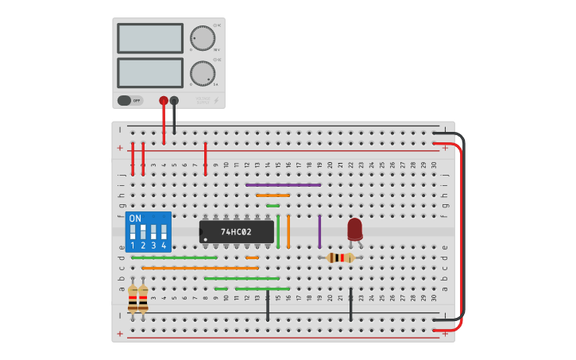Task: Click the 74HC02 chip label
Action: [x=236, y=232]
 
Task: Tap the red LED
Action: [x=354, y=229]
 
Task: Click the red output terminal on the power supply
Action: [x=164, y=100]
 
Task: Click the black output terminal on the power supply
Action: [x=174, y=100]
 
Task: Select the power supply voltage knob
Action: [x=203, y=38]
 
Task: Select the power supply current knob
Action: [x=203, y=73]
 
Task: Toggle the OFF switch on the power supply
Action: [x=125, y=101]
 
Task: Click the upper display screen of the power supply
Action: [x=150, y=38]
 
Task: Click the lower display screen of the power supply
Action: [x=150, y=73]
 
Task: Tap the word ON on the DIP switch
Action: [x=135, y=218]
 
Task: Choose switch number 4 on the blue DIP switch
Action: [x=164, y=233]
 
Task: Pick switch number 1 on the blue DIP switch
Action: [x=133, y=233]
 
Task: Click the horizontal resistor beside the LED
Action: [x=341, y=257]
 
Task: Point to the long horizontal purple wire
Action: [x=283, y=185]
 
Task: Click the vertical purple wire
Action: [x=319, y=231]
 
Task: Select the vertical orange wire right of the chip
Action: [x=288, y=231]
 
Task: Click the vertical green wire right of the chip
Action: [x=278, y=231]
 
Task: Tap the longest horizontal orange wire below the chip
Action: [x=200, y=268]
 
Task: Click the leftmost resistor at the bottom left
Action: [x=133, y=300]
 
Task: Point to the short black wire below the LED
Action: [x=350, y=305]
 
